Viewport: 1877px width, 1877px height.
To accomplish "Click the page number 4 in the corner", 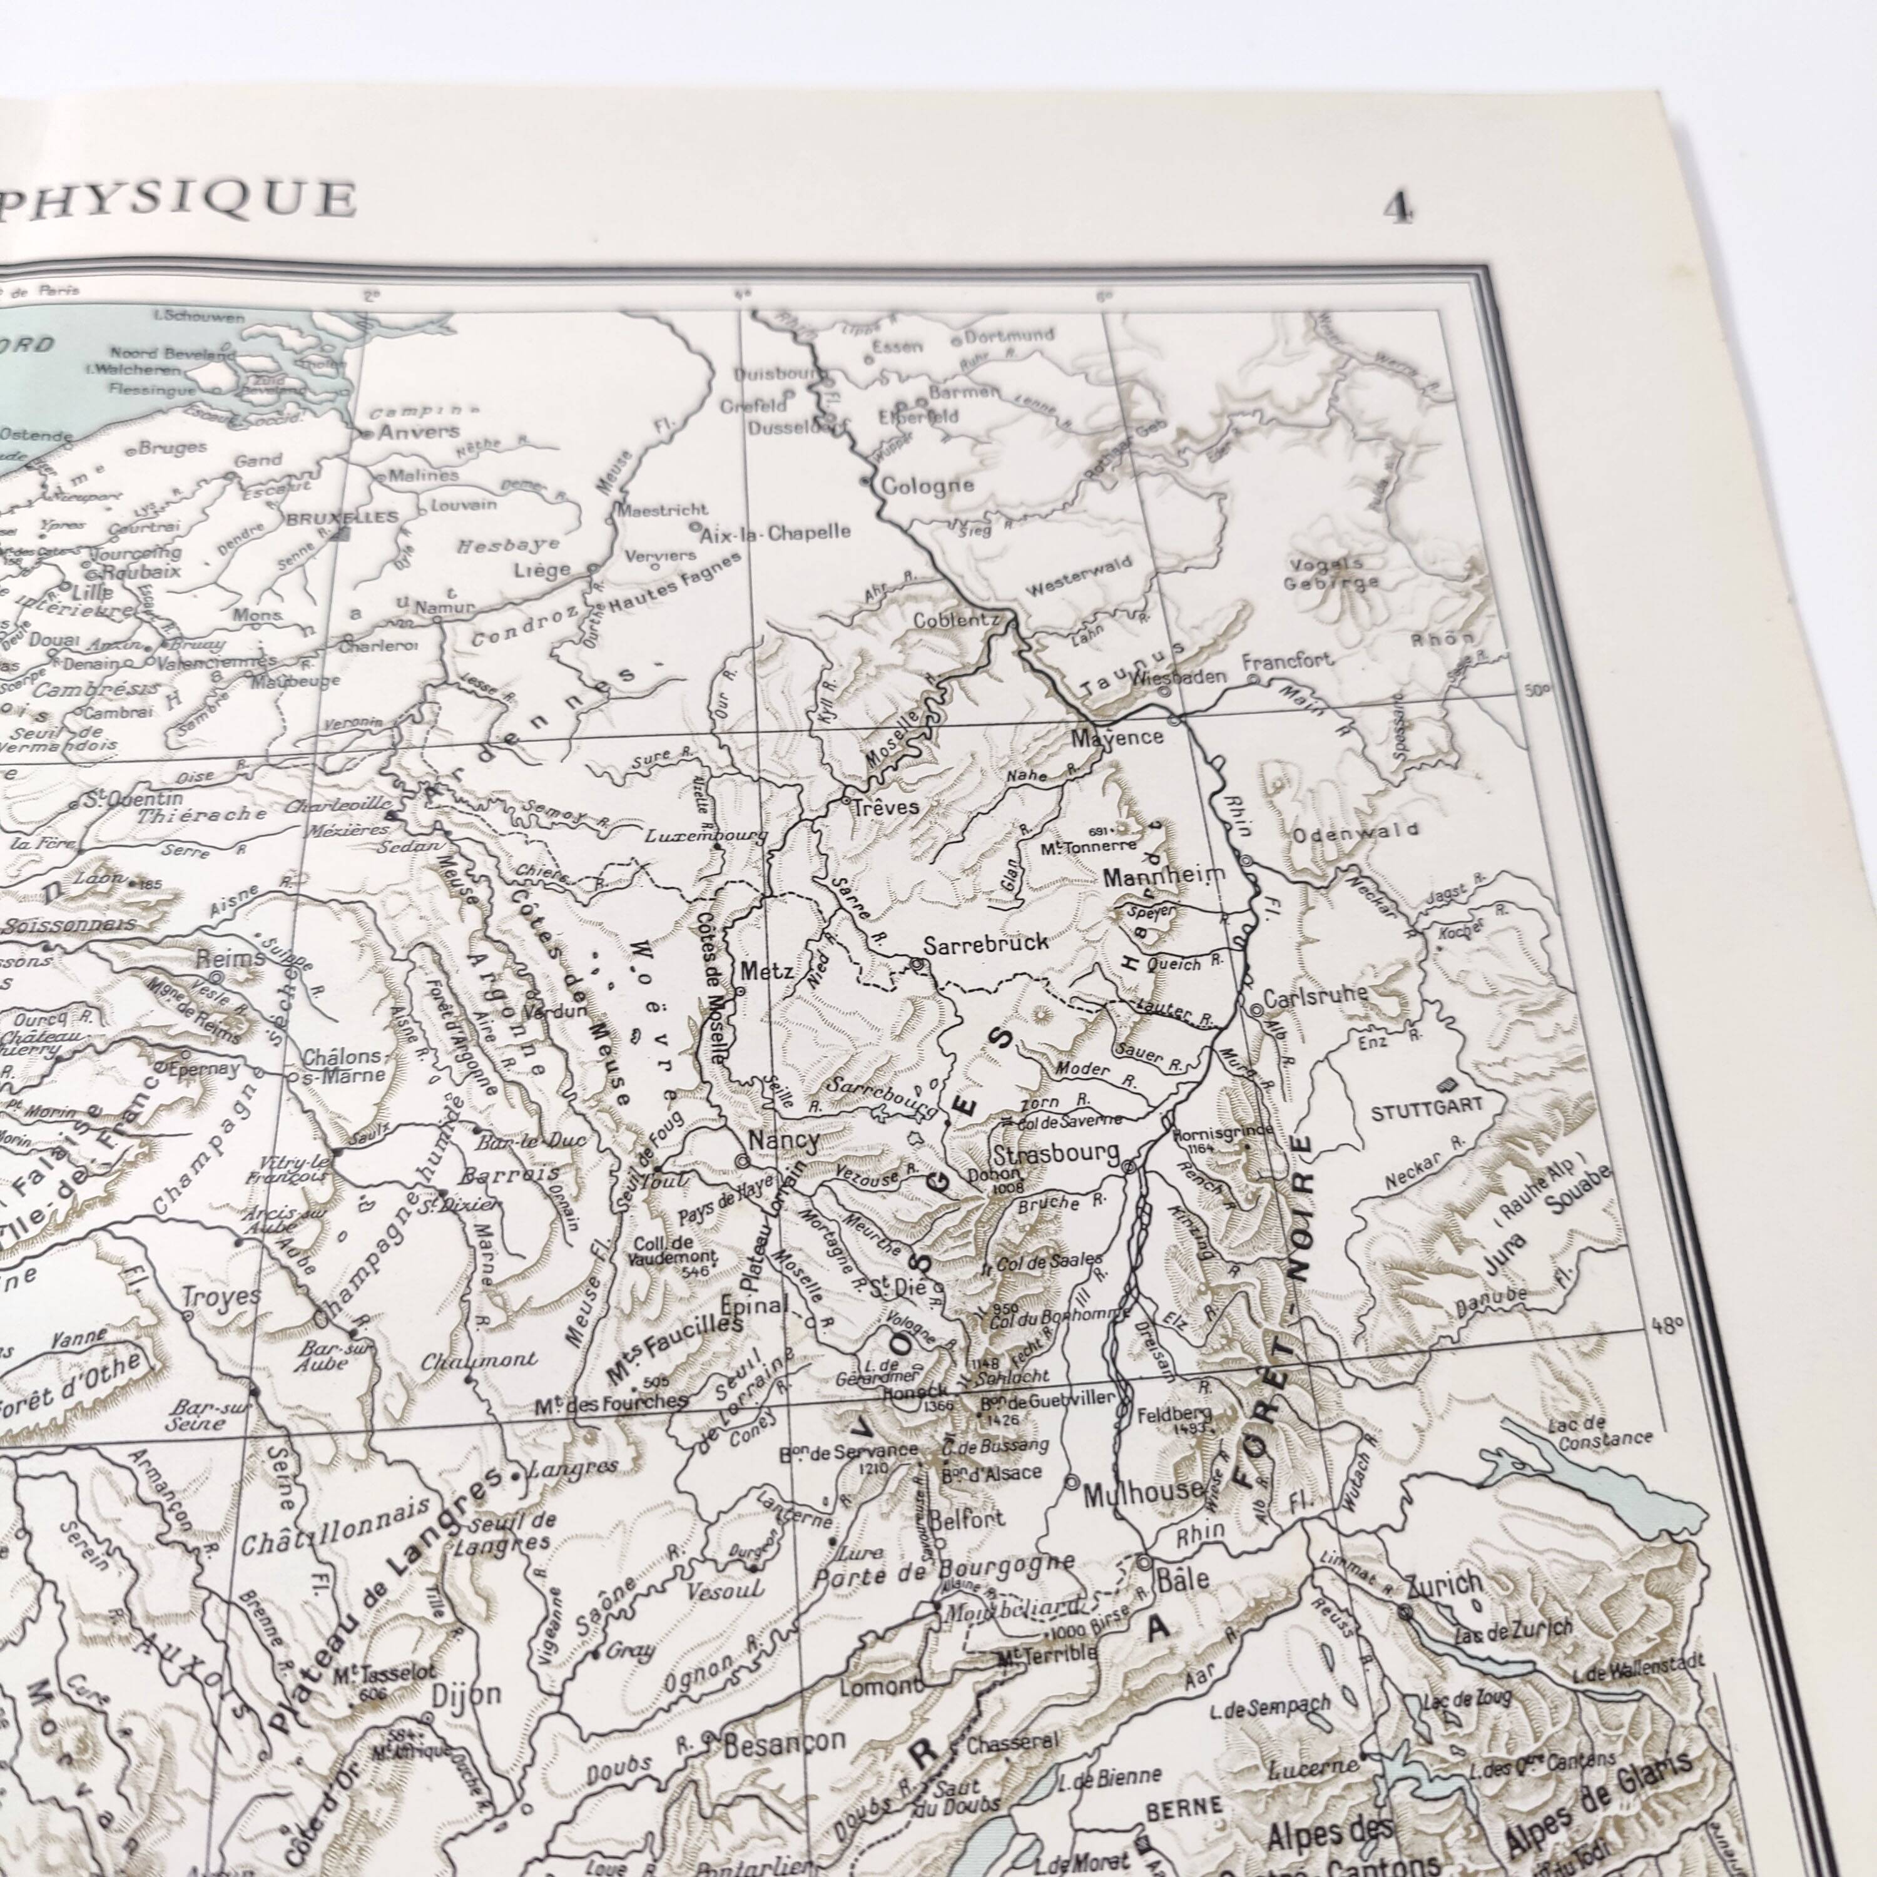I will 1398,208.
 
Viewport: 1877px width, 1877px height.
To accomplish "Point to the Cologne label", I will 928,486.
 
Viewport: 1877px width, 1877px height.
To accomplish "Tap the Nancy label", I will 784,1139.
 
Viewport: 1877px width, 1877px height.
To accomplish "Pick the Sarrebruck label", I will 986,942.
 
